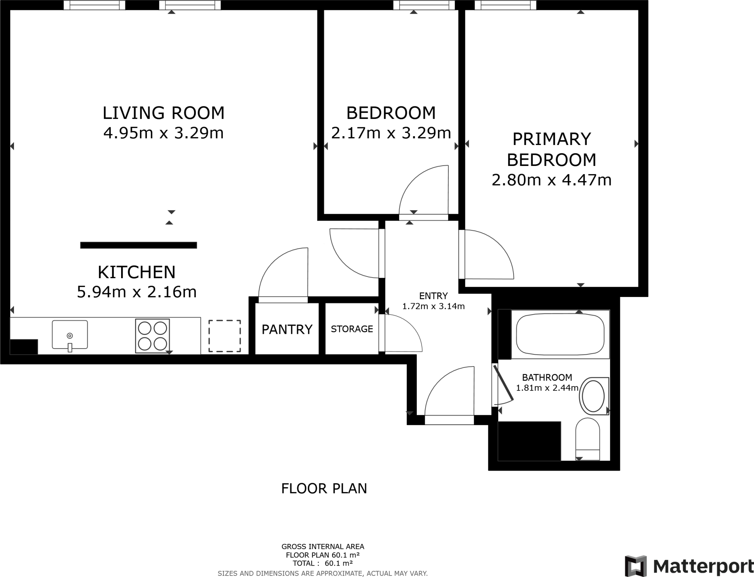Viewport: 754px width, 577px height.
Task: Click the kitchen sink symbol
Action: point(70,334)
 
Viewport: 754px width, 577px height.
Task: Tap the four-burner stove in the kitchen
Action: point(152,336)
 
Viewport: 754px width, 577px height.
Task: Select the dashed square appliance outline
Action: point(225,336)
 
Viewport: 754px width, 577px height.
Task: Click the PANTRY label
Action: point(287,329)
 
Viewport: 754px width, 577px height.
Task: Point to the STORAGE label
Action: point(352,329)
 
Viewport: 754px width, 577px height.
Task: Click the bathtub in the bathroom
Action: point(560,334)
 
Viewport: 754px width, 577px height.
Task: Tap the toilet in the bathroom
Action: point(588,439)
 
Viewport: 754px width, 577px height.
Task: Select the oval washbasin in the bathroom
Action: point(593,396)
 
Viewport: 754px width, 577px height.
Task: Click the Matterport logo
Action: point(689,565)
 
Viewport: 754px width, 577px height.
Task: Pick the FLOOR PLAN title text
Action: point(324,488)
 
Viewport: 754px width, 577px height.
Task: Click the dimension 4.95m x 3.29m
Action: point(163,133)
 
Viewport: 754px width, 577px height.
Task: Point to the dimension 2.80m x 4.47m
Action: point(551,180)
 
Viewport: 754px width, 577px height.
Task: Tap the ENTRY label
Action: point(433,296)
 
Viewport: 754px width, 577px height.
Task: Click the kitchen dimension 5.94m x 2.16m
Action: point(137,292)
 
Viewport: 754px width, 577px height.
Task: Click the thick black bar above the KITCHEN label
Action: point(138,245)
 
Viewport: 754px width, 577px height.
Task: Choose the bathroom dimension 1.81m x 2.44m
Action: point(547,388)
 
